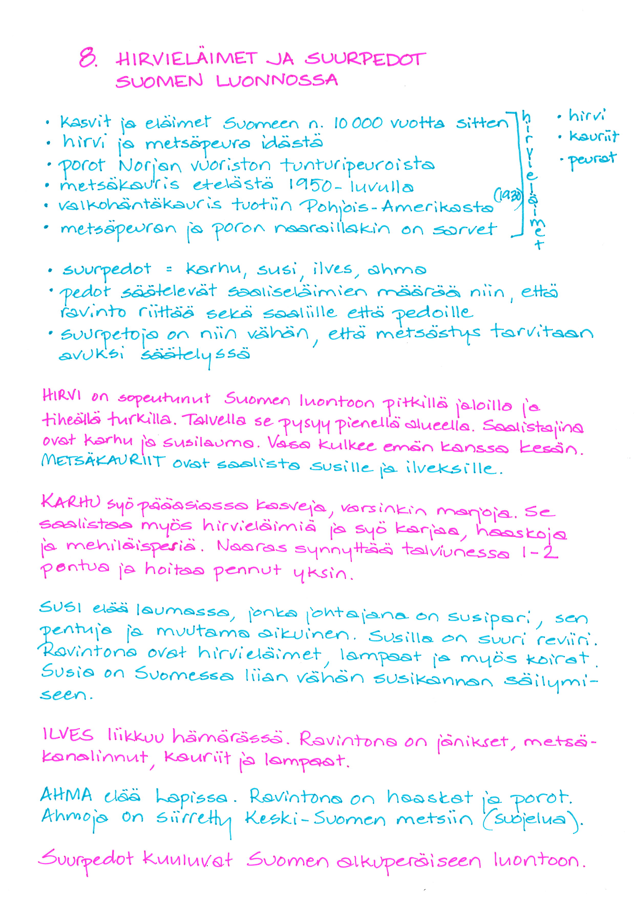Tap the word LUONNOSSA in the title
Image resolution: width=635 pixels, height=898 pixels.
tap(277, 81)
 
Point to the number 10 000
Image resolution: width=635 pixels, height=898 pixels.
tap(357, 123)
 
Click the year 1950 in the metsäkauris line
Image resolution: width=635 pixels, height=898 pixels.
tap(310, 186)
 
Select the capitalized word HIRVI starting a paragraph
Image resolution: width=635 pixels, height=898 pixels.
tap(61, 396)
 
